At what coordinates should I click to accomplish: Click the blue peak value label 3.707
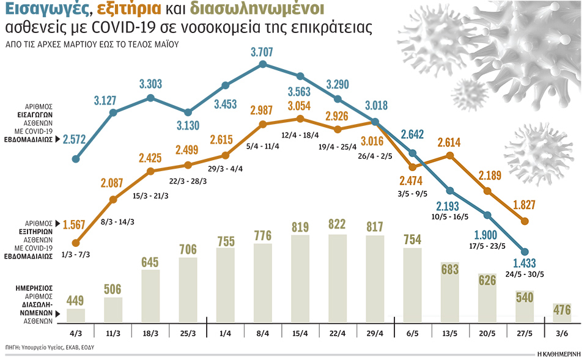(263, 52)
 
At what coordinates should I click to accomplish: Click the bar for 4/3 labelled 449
(76, 315)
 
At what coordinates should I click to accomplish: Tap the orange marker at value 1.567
(76, 243)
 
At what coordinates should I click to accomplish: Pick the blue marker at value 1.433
(524, 251)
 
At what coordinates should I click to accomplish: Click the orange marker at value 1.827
(524, 221)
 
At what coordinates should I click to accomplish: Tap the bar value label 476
(561, 310)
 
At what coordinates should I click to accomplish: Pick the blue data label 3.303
(150, 84)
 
